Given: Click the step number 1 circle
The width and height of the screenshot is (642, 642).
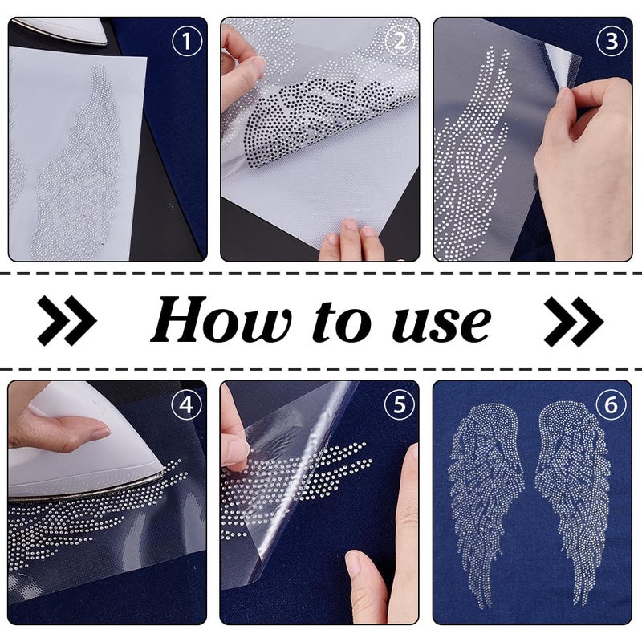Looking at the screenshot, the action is (x=187, y=41).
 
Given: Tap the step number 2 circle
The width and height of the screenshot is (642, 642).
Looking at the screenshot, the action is (x=400, y=41).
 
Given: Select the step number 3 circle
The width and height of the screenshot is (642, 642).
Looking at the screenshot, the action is (x=612, y=41).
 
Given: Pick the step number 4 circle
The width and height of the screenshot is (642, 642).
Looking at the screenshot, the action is (x=187, y=405).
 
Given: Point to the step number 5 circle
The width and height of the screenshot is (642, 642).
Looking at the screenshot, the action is (x=400, y=405).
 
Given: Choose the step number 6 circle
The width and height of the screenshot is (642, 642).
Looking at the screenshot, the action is (x=612, y=405).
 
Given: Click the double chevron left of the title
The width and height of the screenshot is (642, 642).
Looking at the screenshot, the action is (x=67, y=320).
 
